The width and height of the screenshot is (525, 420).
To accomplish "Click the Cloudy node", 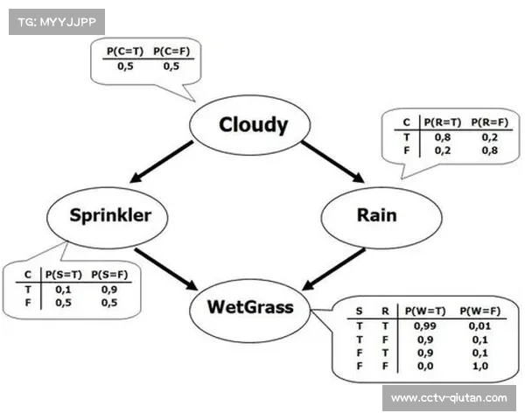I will click(x=252, y=125).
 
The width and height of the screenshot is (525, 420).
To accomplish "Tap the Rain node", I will click(x=377, y=215).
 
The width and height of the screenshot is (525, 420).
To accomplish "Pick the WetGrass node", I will click(x=250, y=306).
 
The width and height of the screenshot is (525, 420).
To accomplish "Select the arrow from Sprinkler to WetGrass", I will click(x=166, y=269).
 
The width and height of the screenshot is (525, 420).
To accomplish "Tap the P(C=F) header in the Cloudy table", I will click(x=171, y=52).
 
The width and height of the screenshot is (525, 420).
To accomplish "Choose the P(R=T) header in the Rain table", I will click(x=443, y=122).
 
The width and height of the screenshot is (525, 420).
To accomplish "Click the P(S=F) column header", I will click(x=110, y=274).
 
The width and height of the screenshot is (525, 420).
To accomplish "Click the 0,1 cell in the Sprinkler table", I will click(x=64, y=288).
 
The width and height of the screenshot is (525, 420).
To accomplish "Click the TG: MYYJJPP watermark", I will click(x=56, y=20).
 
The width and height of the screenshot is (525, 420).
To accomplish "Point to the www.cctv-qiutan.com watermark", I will click(x=448, y=398).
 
